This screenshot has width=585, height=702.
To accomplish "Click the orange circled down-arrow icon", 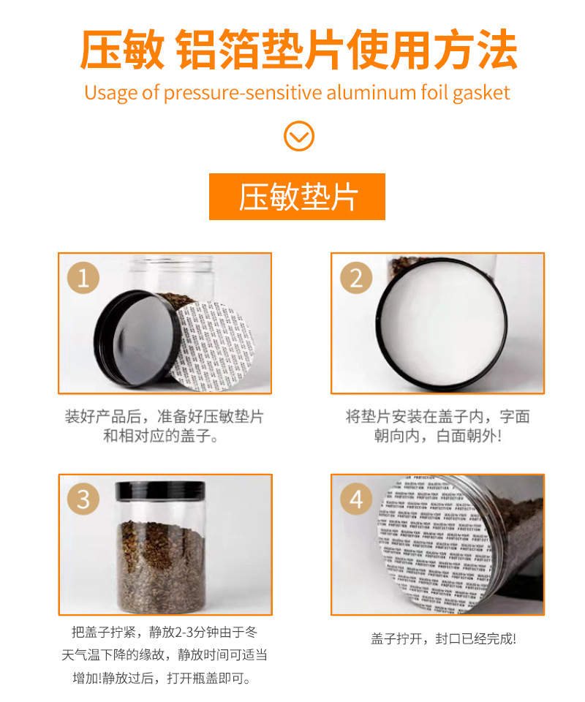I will click(298, 136).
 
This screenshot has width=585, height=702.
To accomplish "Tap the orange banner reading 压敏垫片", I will click(297, 197).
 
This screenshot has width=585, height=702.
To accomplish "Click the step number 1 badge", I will click(83, 278).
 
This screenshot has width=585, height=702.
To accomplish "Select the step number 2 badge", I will click(355, 278).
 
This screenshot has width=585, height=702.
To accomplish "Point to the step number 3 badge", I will click(83, 499).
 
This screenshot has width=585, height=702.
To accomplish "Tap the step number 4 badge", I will click(355, 499).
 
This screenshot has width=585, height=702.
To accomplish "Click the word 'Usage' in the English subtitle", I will click(107, 93).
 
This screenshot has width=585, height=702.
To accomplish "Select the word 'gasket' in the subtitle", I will click(481, 93).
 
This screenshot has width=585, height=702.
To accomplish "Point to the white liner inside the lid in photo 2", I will click(441, 322).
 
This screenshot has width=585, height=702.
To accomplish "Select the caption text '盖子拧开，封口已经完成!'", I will click(443, 638).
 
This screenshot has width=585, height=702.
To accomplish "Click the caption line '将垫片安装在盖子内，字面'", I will click(437, 417).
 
